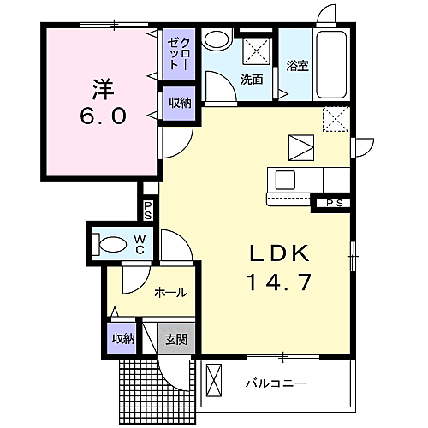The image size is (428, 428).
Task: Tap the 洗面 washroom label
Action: coord(251,80)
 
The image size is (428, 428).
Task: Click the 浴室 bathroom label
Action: coord(297,64)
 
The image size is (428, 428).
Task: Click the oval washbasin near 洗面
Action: coord(216,39)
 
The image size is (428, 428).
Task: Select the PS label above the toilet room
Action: coord(148,210)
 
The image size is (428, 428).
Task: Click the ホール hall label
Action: coord(170,293)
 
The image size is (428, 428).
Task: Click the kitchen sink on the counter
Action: coord(286,180)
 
